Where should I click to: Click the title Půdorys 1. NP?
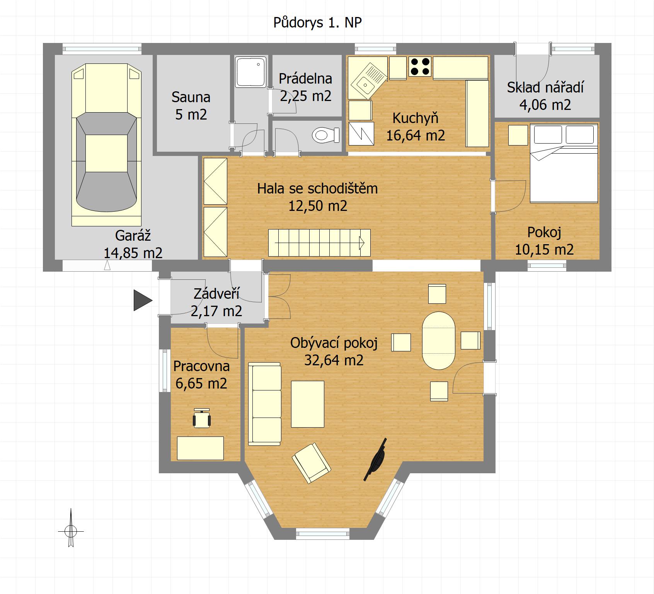(317, 23)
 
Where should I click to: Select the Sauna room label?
(191, 97)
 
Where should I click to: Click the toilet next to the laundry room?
(326, 135)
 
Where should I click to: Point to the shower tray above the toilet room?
(251, 72)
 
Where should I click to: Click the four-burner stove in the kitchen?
(420, 66)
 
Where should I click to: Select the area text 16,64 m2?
(416, 135)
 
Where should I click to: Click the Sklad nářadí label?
(545, 87)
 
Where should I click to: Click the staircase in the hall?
(319, 243)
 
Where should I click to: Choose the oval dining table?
(439, 341)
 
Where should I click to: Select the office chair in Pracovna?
(201, 418)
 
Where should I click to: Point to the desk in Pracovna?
(200, 448)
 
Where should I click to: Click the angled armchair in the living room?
(311, 463)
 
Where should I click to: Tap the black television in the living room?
(375, 459)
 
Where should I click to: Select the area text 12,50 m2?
(318, 205)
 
